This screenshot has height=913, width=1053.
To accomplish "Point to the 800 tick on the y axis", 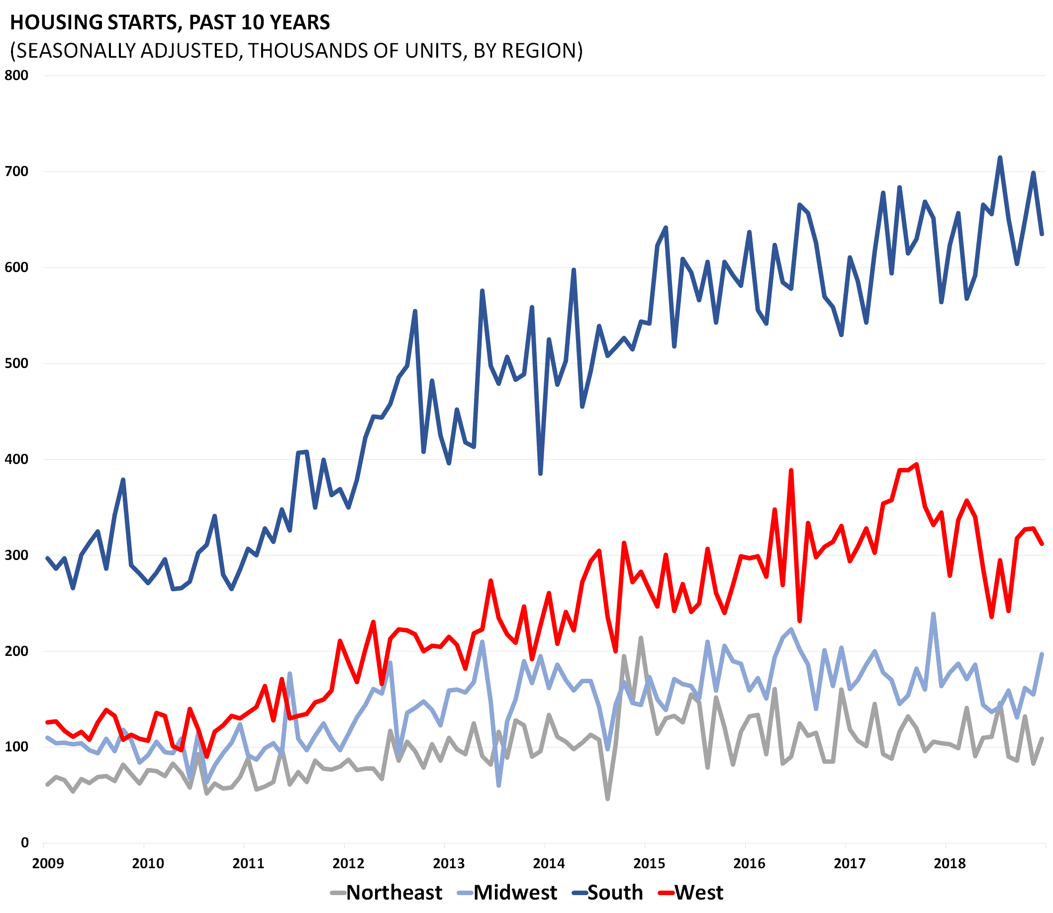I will pyautogui.click(x=16, y=76).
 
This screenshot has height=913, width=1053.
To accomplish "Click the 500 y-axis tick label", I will pyautogui.click(x=16, y=364).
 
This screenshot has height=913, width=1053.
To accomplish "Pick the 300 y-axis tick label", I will pyautogui.click(x=16, y=555).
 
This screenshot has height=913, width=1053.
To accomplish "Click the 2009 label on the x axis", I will pyautogui.click(x=48, y=864).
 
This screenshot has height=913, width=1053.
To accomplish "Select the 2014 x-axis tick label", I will pyautogui.click(x=549, y=864).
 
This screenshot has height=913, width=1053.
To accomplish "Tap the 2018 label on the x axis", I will pyautogui.click(x=950, y=864).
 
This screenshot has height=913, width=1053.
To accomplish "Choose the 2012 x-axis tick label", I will pyautogui.click(x=349, y=864).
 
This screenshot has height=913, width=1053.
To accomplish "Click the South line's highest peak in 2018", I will pyautogui.click(x=1000, y=158).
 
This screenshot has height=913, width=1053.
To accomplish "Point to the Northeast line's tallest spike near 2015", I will pyautogui.click(x=641, y=638).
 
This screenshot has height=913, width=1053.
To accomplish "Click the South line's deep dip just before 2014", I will pyautogui.click(x=540, y=474).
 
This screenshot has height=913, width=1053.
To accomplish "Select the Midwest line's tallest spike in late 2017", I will pyautogui.click(x=933, y=614).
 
